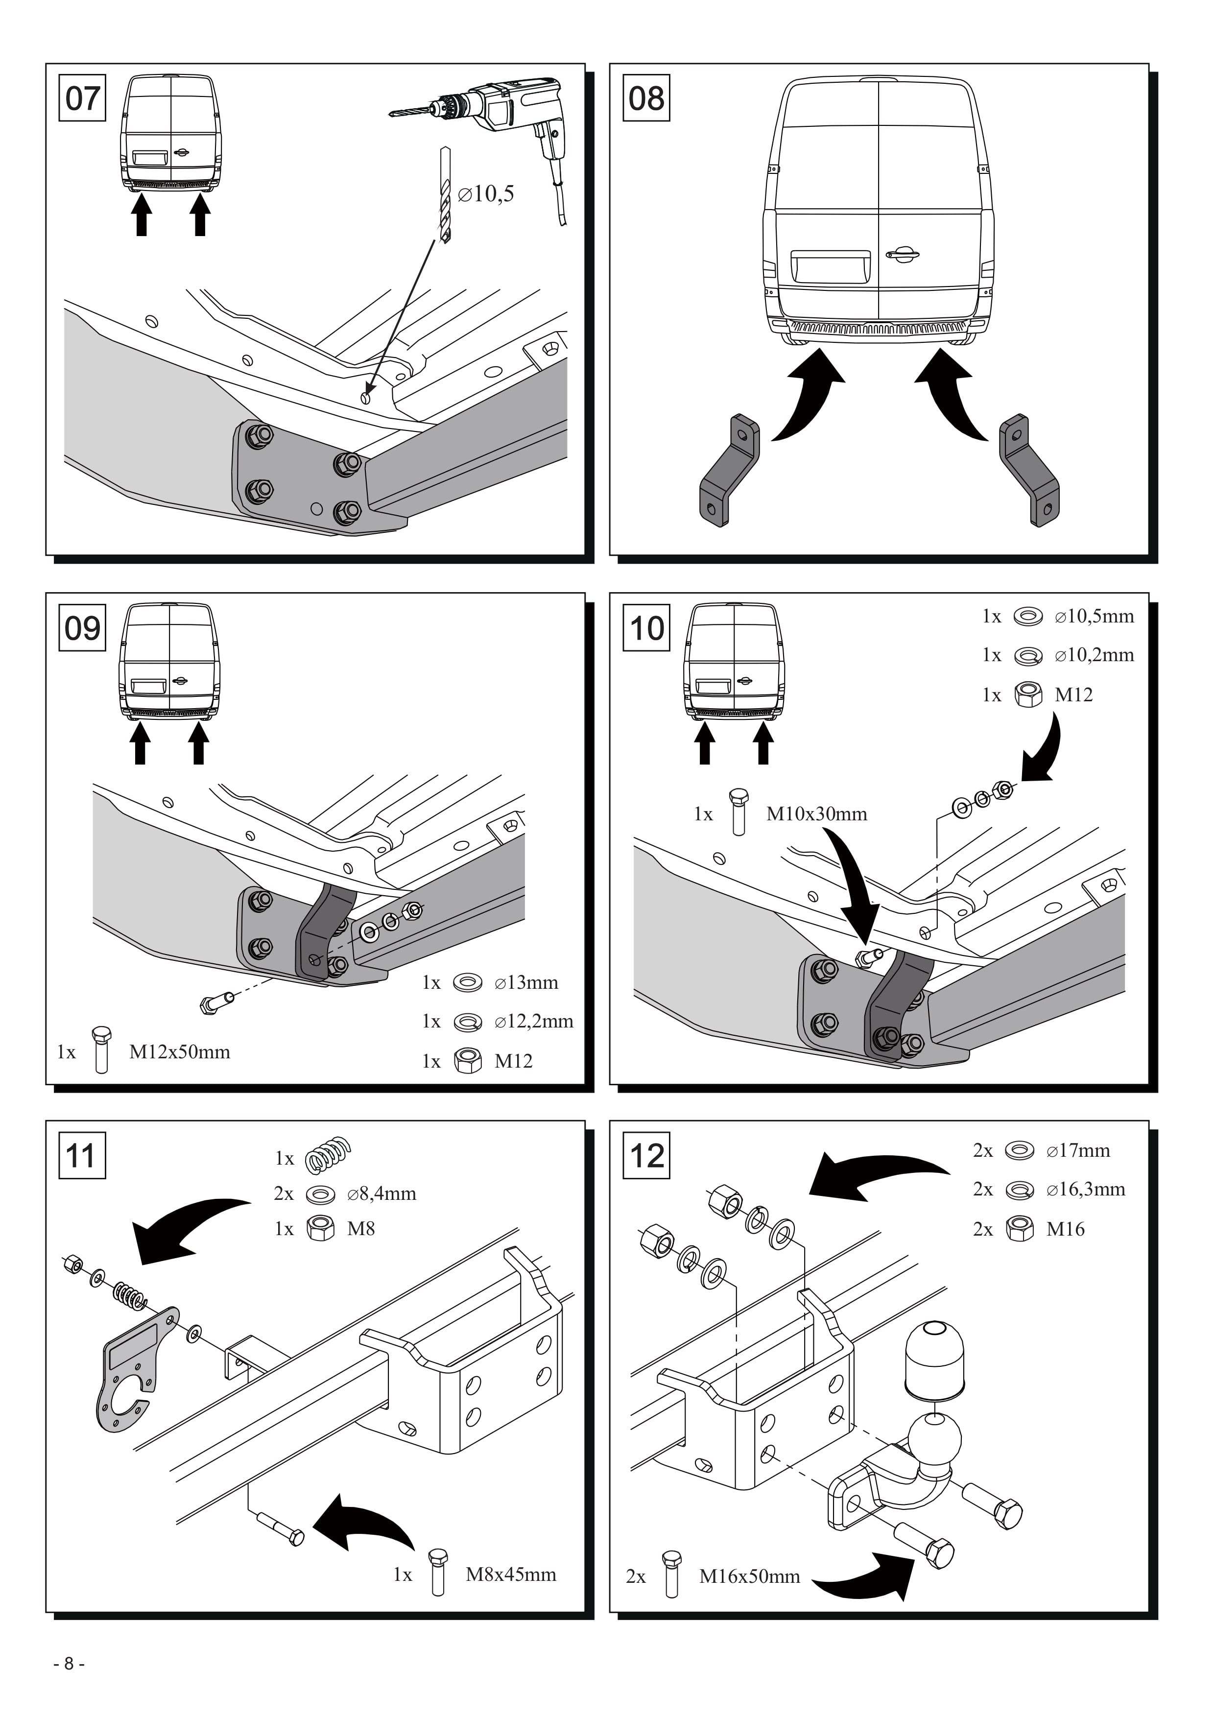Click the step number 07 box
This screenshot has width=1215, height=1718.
(82, 98)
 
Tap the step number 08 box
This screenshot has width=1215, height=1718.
(646, 98)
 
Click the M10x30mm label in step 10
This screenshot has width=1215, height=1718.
(817, 814)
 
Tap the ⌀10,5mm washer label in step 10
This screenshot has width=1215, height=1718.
(1095, 617)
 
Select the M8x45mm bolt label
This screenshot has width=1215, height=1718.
(511, 1575)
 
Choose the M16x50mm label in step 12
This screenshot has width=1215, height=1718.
(750, 1576)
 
